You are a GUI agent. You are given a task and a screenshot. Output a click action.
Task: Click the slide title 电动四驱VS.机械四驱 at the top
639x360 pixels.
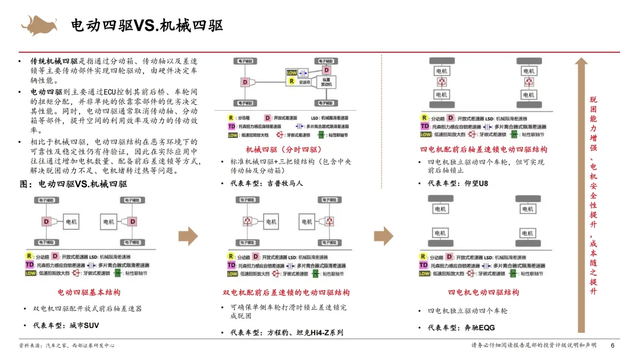pos(147,25)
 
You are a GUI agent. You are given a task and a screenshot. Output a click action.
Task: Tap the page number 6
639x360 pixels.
pos(612,346)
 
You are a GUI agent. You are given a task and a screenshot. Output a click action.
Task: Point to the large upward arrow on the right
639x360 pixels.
pos(581,195)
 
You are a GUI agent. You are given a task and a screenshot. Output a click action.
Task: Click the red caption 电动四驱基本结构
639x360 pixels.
pos(89,292)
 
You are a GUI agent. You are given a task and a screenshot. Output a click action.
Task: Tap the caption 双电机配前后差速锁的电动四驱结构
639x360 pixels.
pos(286,292)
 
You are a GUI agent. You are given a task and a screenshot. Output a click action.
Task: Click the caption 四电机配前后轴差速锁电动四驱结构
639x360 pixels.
pos(483,149)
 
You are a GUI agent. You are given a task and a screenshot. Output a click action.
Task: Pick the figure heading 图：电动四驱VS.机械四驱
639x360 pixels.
pos(73,184)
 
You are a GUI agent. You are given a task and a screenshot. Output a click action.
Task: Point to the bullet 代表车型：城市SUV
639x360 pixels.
pos(66,325)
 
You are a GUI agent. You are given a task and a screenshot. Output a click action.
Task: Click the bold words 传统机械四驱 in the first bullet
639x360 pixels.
pos(54,61)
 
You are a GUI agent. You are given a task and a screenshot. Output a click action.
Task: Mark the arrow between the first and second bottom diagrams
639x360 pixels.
pos(188,235)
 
